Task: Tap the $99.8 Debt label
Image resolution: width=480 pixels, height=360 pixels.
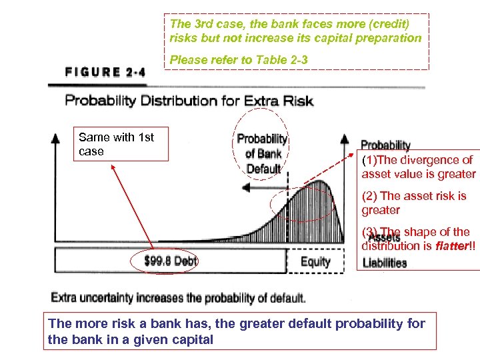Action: pyautogui.click(x=171, y=260)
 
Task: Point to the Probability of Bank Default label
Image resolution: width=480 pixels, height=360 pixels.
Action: pyautogui.click(x=262, y=154)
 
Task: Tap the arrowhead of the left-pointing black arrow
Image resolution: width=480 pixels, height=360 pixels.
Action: pyautogui.click(x=245, y=189)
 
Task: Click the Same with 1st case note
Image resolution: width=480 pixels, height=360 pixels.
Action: pyautogui.click(x=116, y=144)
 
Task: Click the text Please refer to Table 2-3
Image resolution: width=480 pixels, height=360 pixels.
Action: pyautogui.click(x=239, y=60)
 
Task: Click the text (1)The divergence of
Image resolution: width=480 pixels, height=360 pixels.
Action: pyautogui.click(x=417, y=160)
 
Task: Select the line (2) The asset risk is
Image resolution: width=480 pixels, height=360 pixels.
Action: pyautogui.click(x=414, y=196)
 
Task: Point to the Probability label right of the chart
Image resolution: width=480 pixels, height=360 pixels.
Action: pyautogui.click(x=385, y=145)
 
